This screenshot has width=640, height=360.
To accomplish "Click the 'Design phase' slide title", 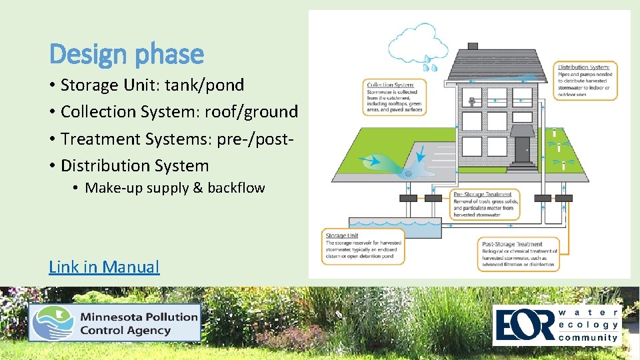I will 127,54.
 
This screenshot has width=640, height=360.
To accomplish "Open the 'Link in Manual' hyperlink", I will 104,267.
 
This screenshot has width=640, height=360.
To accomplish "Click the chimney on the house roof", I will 473,46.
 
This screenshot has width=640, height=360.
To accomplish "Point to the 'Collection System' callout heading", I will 391,85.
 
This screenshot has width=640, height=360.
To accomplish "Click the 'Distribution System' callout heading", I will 584,67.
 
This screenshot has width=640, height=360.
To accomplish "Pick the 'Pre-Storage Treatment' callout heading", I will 482,195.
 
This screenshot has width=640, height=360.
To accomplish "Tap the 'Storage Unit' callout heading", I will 341,235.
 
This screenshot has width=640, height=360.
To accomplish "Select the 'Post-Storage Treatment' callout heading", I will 511,244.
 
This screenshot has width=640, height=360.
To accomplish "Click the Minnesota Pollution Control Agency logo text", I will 139,323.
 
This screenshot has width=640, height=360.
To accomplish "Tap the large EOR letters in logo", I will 523,325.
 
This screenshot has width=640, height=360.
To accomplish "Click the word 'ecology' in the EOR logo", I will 589,325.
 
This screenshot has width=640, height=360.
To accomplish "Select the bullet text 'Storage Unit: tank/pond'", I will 152,85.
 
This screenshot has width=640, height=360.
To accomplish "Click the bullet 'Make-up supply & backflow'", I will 175,188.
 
